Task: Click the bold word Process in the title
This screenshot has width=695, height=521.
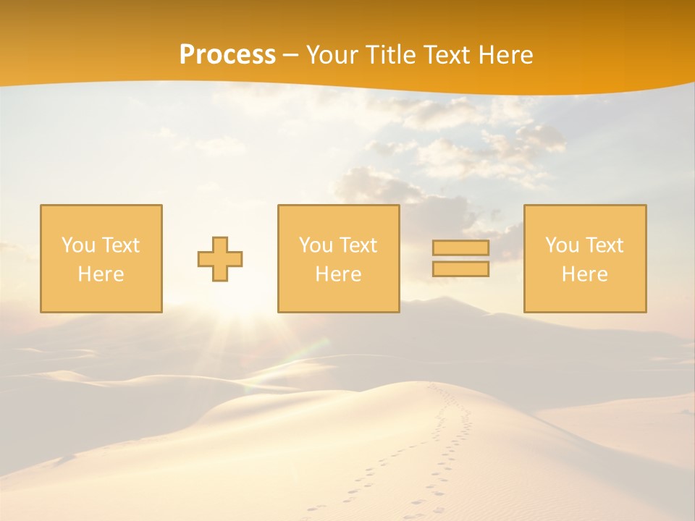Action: [x=227, y=54]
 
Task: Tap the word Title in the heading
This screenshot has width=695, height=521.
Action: [x=390, y=55]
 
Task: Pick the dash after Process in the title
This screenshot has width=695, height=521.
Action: [x=290, y=56]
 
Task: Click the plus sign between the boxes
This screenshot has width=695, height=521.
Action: [x=220, y=259]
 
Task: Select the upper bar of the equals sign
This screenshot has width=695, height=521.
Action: [x=460, y=248]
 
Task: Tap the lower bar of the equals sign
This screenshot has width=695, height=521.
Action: [x=460, y=268]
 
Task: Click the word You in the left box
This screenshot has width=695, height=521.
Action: [x=78, y=245]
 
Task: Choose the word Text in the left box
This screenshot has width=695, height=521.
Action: [x=119, y=245]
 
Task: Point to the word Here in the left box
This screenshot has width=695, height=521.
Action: [x=101, y=274]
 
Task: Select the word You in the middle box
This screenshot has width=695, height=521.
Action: [x=316, y=245]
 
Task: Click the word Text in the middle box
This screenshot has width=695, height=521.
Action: [x=357, y=245]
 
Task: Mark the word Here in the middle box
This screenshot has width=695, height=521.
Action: [x=338, y=274]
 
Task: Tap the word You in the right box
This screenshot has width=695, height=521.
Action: [x=562, y=245]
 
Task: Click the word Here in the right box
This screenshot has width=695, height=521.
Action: [x=584, y=274]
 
